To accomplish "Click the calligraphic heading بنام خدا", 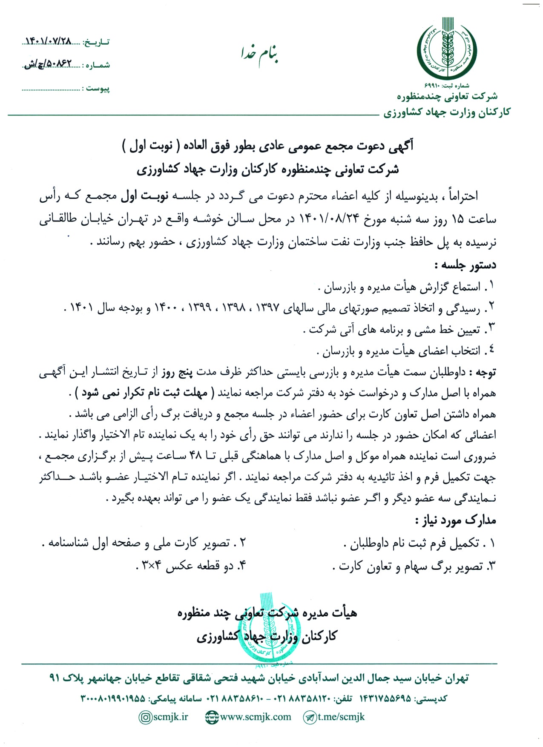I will pos(260,54).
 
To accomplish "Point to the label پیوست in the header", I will pos(98,89).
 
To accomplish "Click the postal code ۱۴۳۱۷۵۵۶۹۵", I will pos(385,698).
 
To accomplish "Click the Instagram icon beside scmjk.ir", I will pos(146,717).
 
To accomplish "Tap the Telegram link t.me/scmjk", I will pos(341,717).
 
